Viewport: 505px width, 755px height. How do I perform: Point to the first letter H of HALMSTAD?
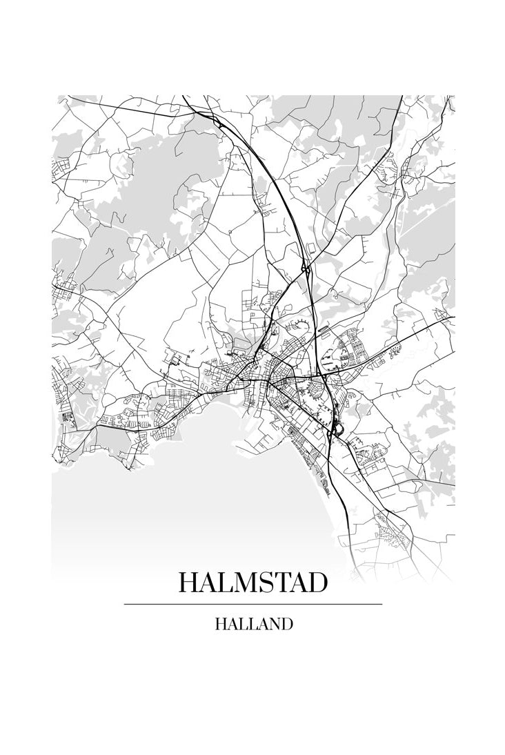[188, 583]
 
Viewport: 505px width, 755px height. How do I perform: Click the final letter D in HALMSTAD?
[317, 583]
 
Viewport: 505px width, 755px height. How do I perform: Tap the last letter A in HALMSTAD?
[297, 583]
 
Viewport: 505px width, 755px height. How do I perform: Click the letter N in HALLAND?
[273, 625]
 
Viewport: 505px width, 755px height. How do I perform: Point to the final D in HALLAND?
[286, 625]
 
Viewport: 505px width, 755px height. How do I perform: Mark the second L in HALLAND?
[251, 625]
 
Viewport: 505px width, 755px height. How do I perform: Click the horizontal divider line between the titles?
[253, 604]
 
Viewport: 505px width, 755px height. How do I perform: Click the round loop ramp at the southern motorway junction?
[335, 432]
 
